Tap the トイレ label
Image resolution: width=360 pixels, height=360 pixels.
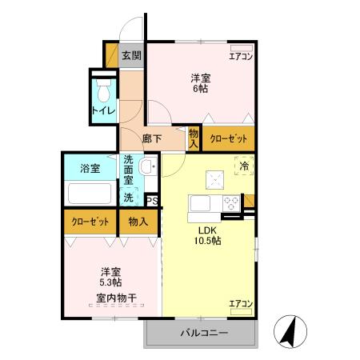pyautogui.click(x=102, y=110)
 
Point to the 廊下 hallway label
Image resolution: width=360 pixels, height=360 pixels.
pyautogui.click(x=152, y=138)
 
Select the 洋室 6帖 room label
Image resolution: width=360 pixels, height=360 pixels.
pyautogui.click(x=201, y=82)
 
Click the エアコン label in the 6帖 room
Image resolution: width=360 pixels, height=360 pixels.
pyautogui.click(x=241, y=56)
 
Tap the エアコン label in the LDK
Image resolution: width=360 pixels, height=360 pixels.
pyautogui.click(x=241, y=303)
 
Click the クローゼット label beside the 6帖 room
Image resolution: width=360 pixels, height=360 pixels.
pyautogui.click(x=228, y=138)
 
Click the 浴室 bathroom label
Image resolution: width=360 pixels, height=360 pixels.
pyautogui.click(x=90, y=168)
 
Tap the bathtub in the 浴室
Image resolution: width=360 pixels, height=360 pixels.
pyautogui.click(x=90, y=194)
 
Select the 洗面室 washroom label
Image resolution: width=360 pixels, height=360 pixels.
pyautogui.click(x=129, y=170)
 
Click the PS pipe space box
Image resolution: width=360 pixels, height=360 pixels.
pyautogui.click(x=152, y=201)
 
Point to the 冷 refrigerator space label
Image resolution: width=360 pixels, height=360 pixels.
pyautogui.click(x=244, y=166)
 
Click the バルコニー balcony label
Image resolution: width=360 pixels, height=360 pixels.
pyautogui.click(x=203, y=333)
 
